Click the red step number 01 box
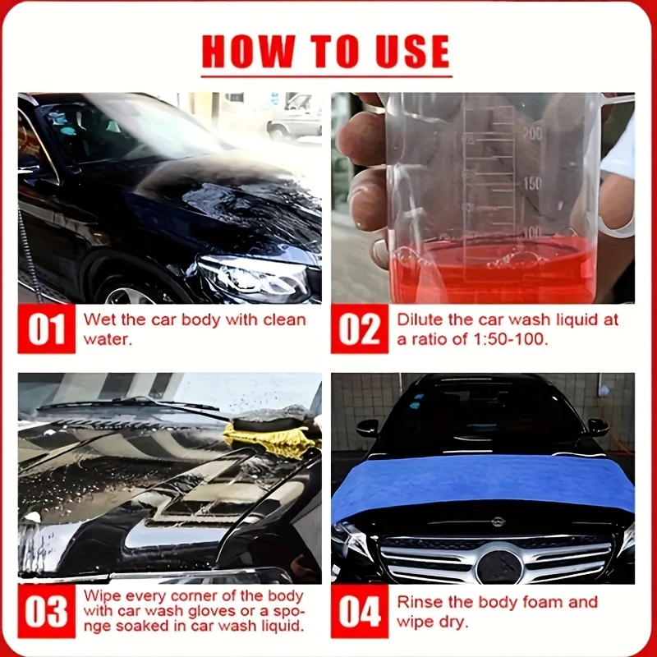pos(47,329)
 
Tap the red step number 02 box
pos(360,329)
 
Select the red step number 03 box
pos(47,611)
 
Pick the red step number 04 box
pos(360,611)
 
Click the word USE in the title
pos(412,51)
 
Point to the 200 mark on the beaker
pos(532,134)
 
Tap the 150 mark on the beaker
pos(532,183)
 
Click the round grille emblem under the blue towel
pos(499,567)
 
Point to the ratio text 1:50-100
pos(511,338)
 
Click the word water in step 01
pos(108,339)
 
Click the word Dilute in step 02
pos(420,319)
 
